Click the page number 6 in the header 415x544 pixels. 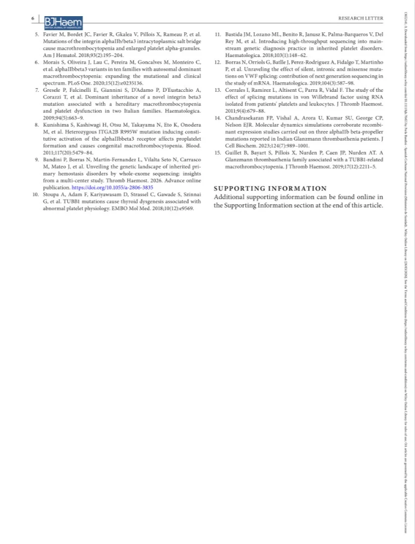[x=33, y=18]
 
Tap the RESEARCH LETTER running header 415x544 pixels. [x=361, y=19]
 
